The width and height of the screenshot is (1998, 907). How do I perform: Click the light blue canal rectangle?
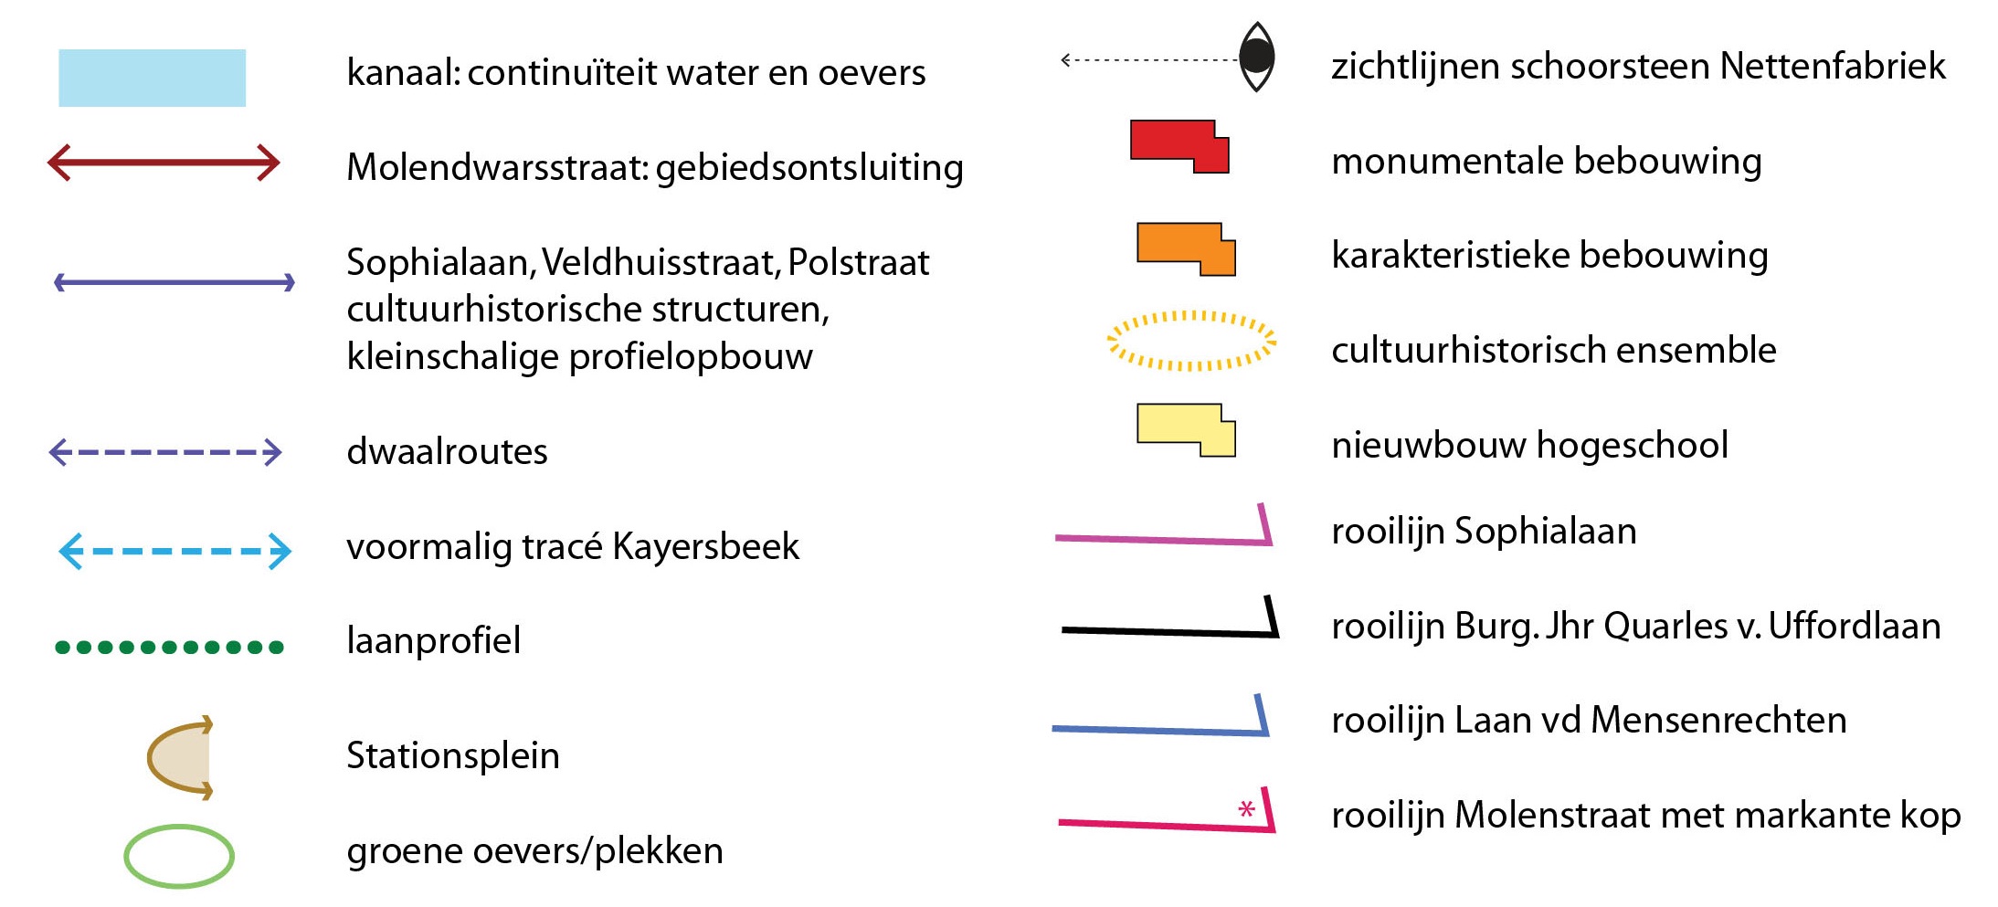[152, 78]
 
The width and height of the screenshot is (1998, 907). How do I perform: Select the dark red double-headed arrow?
[164, 163]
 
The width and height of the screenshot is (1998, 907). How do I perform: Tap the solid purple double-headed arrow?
[174, 282]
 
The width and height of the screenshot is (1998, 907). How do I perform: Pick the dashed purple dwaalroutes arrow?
[165, 452]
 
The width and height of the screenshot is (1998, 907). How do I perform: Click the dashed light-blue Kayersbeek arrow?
[174, 552]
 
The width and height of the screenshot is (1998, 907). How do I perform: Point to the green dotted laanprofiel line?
[170, 648]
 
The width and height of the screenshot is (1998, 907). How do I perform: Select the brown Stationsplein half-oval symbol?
[180, 757]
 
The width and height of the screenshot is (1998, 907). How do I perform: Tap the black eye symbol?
[1257, 57]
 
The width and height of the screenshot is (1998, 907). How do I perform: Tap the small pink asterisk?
[1246, 808]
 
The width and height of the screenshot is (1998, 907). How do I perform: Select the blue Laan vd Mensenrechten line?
[1160, 731]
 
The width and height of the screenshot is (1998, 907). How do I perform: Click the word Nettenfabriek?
[1833, 66]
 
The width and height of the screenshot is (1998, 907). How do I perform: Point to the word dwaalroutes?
[447, 451]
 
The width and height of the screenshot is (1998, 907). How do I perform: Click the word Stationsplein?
[453, 756]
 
